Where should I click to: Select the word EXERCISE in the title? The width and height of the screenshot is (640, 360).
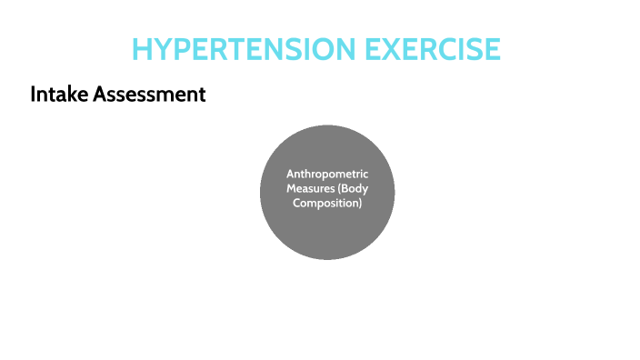coord(433,48)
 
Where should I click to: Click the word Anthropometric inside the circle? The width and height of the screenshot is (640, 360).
coord(327,173)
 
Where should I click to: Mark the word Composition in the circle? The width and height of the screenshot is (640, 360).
coord(325,204)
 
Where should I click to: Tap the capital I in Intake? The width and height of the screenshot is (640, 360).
coord(33,94)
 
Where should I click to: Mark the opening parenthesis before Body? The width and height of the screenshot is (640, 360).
coord(340,188)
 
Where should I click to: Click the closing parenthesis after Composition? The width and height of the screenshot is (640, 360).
coord(361,204)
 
